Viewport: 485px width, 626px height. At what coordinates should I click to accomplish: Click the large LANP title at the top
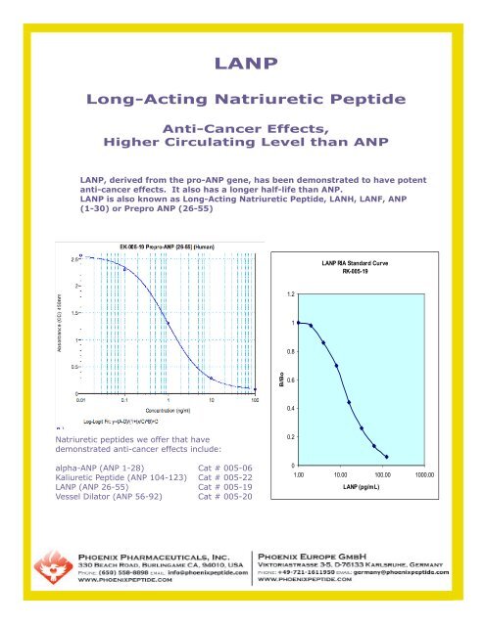point(242,65)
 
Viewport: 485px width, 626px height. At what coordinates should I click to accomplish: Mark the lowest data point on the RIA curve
point(388,457)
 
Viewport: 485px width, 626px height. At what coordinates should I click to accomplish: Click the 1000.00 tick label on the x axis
point(424,474)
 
